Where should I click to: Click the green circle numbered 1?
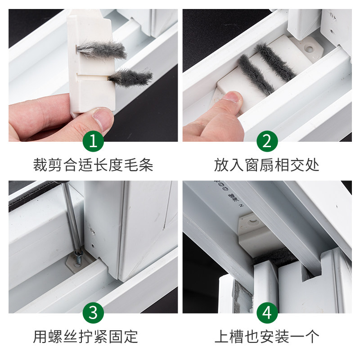coord(93,141)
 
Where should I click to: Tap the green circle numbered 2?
coord(267,141)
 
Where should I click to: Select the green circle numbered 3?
coord(93,313)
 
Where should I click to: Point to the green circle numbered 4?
coord(267,313)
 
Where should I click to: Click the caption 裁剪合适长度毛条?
coord(93,165)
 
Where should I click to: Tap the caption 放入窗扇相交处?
coord(267,165)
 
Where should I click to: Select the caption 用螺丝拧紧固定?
coord(85,337)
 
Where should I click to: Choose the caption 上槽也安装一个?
coord(267,337)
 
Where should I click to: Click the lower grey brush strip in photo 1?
coord(130,77)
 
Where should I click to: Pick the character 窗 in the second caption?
coord(252,165)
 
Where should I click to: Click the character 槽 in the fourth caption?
coord(237,337)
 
